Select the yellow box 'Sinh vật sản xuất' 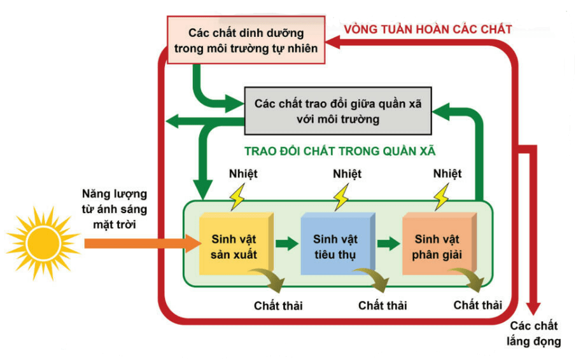point(235,247)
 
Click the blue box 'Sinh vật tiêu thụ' point(335,247)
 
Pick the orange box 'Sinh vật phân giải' point(438,247)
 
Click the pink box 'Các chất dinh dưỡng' point(246,40)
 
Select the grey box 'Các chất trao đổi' point(338,111)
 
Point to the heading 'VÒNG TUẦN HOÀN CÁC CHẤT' point(428,29)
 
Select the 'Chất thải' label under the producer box point(278,306)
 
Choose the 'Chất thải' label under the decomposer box point(477,305)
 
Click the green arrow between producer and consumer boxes point(287,243)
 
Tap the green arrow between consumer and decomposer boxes point(388,243)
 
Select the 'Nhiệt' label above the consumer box point(347,174)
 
